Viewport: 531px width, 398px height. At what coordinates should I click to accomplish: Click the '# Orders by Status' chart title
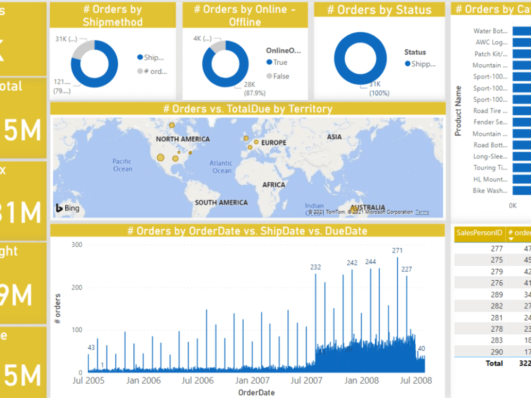[379, 10]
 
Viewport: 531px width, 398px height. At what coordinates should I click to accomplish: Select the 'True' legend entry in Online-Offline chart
[280, 63]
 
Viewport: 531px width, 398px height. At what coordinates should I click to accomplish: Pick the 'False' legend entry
[281, 76]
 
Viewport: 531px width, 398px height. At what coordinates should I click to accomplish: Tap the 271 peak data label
[397, 250]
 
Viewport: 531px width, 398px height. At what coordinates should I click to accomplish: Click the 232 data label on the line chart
[316, 267]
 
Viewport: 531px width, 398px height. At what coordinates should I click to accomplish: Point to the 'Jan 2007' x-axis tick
[252, 380]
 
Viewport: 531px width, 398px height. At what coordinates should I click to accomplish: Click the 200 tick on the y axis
[77, 287]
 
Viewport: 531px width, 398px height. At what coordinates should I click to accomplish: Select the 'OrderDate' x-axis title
[256, 392]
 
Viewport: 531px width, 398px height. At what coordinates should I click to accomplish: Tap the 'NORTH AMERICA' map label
[183, 139]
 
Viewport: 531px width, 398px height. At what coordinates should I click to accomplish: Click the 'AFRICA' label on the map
[273, 185]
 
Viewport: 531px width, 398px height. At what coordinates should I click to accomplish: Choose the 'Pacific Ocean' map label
[122, 165]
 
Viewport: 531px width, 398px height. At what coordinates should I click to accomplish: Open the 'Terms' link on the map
[422, 212]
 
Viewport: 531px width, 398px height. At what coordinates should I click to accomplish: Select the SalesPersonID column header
[479, 232]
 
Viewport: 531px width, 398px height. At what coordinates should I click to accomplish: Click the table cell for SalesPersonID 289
[496, 295]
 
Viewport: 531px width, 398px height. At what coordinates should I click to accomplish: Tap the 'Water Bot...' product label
[490, 31]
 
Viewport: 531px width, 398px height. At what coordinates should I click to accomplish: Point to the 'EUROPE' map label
[273, 143]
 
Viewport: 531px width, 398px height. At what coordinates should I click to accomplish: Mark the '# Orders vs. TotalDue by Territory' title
[247, 109]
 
